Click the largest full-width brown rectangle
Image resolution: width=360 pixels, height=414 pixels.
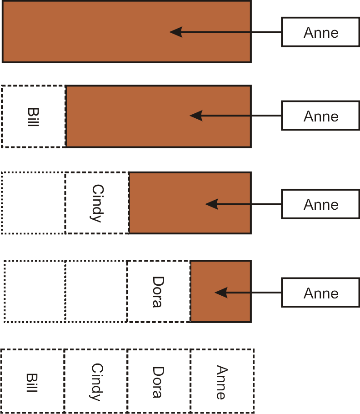[91, 32]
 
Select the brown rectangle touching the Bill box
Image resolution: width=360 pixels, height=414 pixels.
[136, 116]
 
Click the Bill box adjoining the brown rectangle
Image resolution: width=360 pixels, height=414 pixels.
[34, 116]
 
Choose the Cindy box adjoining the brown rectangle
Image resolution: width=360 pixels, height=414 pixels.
[97, 203]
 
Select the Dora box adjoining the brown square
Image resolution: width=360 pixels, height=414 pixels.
[158, 292]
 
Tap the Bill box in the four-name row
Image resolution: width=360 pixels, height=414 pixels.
[32, 381]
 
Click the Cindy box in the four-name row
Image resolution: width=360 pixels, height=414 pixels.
[96, 381]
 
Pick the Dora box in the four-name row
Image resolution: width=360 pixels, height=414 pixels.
[159, 381]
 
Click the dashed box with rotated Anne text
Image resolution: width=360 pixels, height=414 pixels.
[222, 381]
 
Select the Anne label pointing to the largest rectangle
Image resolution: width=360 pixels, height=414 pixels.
[321, 32]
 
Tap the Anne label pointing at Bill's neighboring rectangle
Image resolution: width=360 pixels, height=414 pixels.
[321, 116]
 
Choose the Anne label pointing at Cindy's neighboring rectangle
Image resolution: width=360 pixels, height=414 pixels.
[321, 204]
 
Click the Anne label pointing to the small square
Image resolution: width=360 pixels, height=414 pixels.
[321, 293]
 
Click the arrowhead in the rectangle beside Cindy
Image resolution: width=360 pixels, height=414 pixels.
[211, 204]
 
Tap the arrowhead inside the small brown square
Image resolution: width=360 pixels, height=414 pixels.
[220, 293]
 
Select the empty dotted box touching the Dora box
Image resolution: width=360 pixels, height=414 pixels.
[96, 292]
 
